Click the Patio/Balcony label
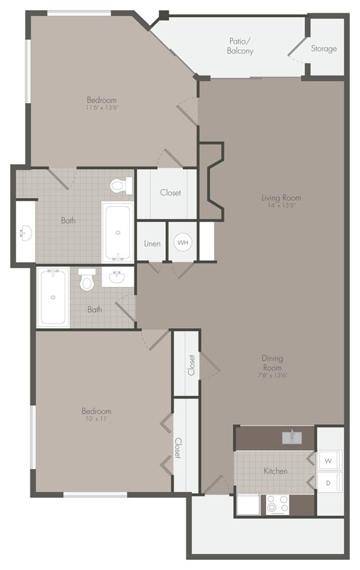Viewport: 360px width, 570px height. pos(240,46)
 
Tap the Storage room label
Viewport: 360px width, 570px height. pos(324,49)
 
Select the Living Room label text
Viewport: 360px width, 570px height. pos(281,198)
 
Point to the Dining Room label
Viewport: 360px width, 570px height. pos(273,363)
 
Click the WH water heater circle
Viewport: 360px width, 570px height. pos(183,242)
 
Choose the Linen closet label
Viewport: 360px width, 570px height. pos(152,243)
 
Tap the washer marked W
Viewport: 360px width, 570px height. pos(328,460)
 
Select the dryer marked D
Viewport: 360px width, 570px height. pos(328,483)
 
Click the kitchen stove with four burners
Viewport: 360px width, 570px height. pos(277,503)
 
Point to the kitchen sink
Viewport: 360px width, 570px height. pos(293,437)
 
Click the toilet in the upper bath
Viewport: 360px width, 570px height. pos(119,186)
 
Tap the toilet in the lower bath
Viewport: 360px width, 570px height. pos(87,279)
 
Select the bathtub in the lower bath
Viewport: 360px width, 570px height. pos(53,296)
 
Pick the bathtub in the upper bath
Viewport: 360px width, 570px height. pos(118,232)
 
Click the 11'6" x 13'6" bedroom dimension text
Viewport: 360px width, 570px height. pos(102,108)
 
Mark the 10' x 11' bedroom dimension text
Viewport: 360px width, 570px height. pos(96,419)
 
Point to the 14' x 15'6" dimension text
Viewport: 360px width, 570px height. pos(281,205)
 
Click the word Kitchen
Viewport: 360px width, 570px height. pos(276,471)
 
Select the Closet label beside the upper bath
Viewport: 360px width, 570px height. pos(170,193)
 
